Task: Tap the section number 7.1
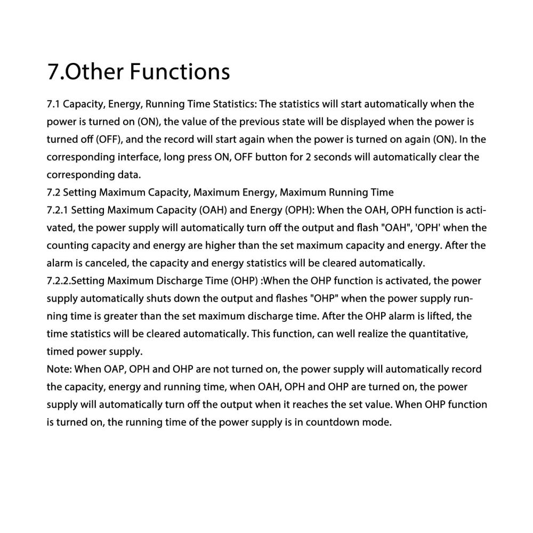tap(54, 103)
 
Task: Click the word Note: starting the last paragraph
tap(59, 369)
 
